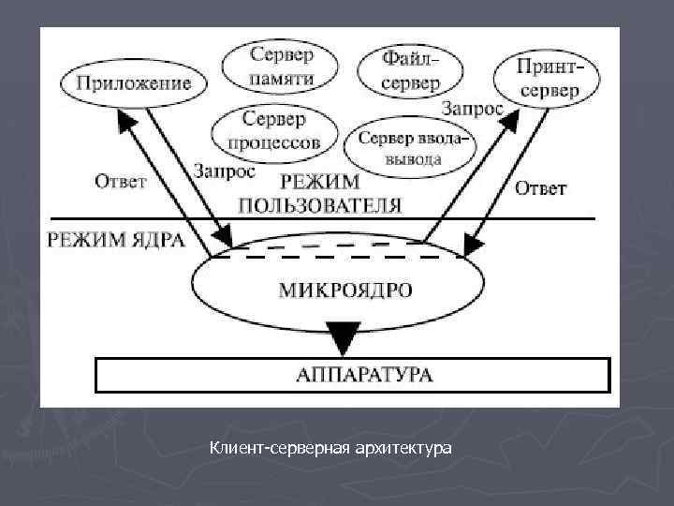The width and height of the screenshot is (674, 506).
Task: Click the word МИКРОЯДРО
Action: click(x=344, y=290)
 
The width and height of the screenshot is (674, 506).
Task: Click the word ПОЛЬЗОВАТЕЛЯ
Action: click(x=321, y=205)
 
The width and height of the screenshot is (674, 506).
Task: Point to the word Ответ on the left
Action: click(x=120, y=181)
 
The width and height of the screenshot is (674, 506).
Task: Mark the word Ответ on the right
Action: click(x=541, y=188)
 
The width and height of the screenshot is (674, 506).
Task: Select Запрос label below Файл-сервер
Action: click(x=472, y=109)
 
